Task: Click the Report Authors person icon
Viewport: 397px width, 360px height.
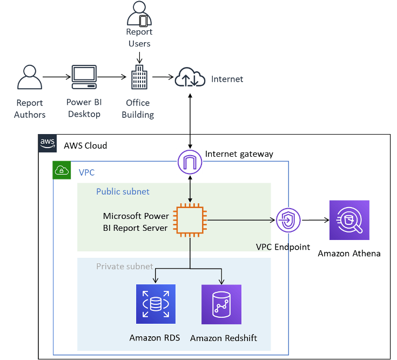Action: [30, 78]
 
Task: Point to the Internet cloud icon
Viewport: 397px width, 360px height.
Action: [190, 79]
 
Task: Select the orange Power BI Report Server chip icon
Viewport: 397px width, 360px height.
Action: [190, 220]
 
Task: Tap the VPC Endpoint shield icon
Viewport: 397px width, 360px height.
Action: [288, 221]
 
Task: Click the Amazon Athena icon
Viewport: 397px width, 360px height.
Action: [349, 220]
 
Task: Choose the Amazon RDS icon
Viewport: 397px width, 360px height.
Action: [156, 304]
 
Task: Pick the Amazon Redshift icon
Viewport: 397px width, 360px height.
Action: [221, 304]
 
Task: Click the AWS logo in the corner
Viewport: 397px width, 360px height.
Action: [48, 144]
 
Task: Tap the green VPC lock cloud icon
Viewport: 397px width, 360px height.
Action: [62, 171]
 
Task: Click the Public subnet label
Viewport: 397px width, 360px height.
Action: [123, 192]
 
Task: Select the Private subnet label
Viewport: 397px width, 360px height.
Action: [124, 266]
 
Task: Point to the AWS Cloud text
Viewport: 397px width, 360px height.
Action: [85, 145]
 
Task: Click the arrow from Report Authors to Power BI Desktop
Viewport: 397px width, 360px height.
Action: [56, 77]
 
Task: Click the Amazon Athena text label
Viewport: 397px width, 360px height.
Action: [349, 254]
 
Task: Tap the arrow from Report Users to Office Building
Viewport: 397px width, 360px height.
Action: [139, 56]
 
